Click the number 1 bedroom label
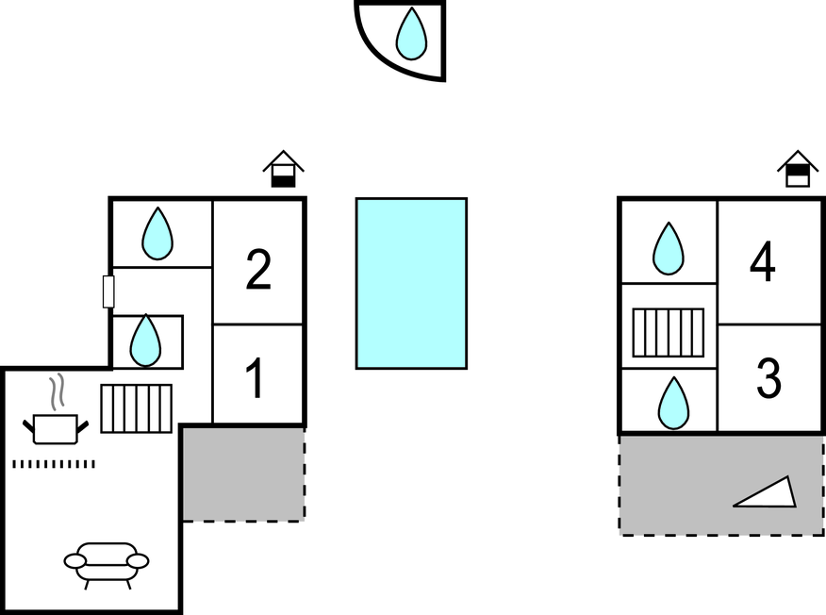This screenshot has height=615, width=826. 256,378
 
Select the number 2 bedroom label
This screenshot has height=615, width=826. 258,269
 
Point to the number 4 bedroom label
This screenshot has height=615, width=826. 762,261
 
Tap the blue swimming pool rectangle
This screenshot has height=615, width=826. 411,284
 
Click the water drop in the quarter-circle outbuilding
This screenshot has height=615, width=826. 411,34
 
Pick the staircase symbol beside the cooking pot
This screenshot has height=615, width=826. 137,409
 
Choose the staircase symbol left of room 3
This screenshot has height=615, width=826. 668,333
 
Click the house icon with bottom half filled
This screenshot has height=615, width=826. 284,169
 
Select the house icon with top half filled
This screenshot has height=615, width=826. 798,169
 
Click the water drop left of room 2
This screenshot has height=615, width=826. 157,234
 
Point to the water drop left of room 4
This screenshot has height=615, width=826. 669,248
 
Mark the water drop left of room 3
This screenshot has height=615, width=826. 673,403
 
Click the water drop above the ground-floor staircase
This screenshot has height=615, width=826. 145,341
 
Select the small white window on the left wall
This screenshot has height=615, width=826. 108,291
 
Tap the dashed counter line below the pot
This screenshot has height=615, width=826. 54,464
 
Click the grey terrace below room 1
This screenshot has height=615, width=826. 243,474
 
